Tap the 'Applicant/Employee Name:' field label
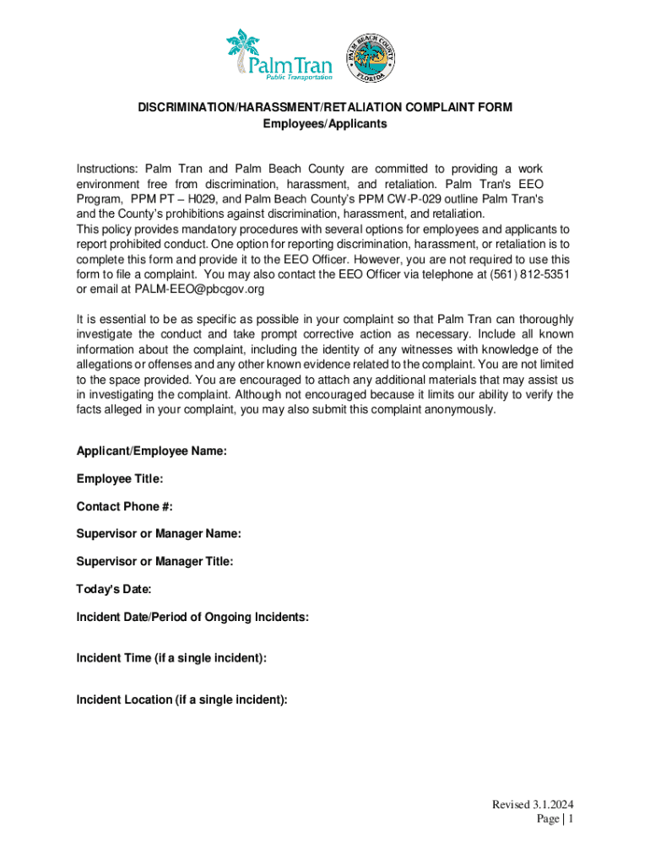coord(151,451)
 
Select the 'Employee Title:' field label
coord(119,479)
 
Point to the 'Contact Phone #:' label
coord(124,507)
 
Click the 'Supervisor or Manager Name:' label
coord(159,534)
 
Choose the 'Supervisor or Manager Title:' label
coord(154,562)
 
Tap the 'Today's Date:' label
coord(114,590)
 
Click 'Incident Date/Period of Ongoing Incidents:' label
coord(192,618)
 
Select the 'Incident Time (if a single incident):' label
coord(171,658)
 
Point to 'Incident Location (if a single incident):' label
coord(181,699)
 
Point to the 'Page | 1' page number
coord(555,819)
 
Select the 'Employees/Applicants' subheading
coord(325,124)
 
